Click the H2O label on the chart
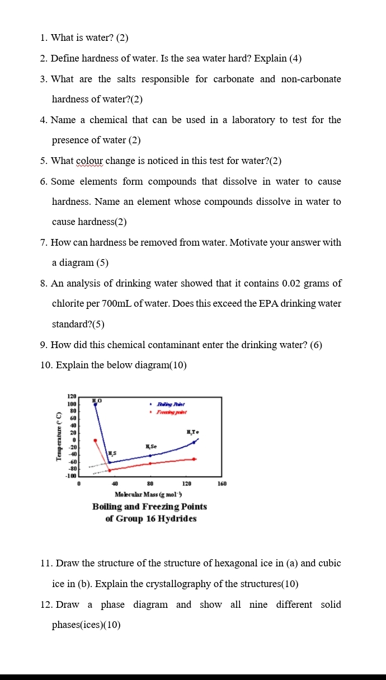(97, 400)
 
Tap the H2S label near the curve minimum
(112, 453)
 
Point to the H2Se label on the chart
(150, 446)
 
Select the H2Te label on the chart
(193, 432)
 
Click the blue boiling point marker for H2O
(95, 404)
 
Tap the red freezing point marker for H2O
(95, 440)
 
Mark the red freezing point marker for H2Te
(194, 459)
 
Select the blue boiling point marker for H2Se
(150, 456)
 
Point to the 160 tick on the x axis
(222, 483)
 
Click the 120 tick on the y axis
(72, 396)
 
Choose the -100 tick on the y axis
(71, 476)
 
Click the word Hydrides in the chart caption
(177, 518)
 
